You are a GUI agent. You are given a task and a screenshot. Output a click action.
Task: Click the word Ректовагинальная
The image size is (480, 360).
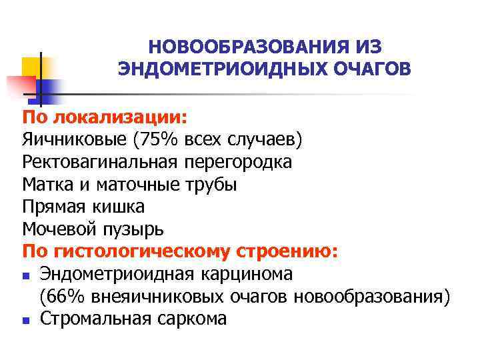(x=101, y=162)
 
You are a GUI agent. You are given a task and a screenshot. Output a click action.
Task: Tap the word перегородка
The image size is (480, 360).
(x=239, y=162)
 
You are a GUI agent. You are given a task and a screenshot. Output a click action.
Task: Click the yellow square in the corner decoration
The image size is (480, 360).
(x=31, y=67)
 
